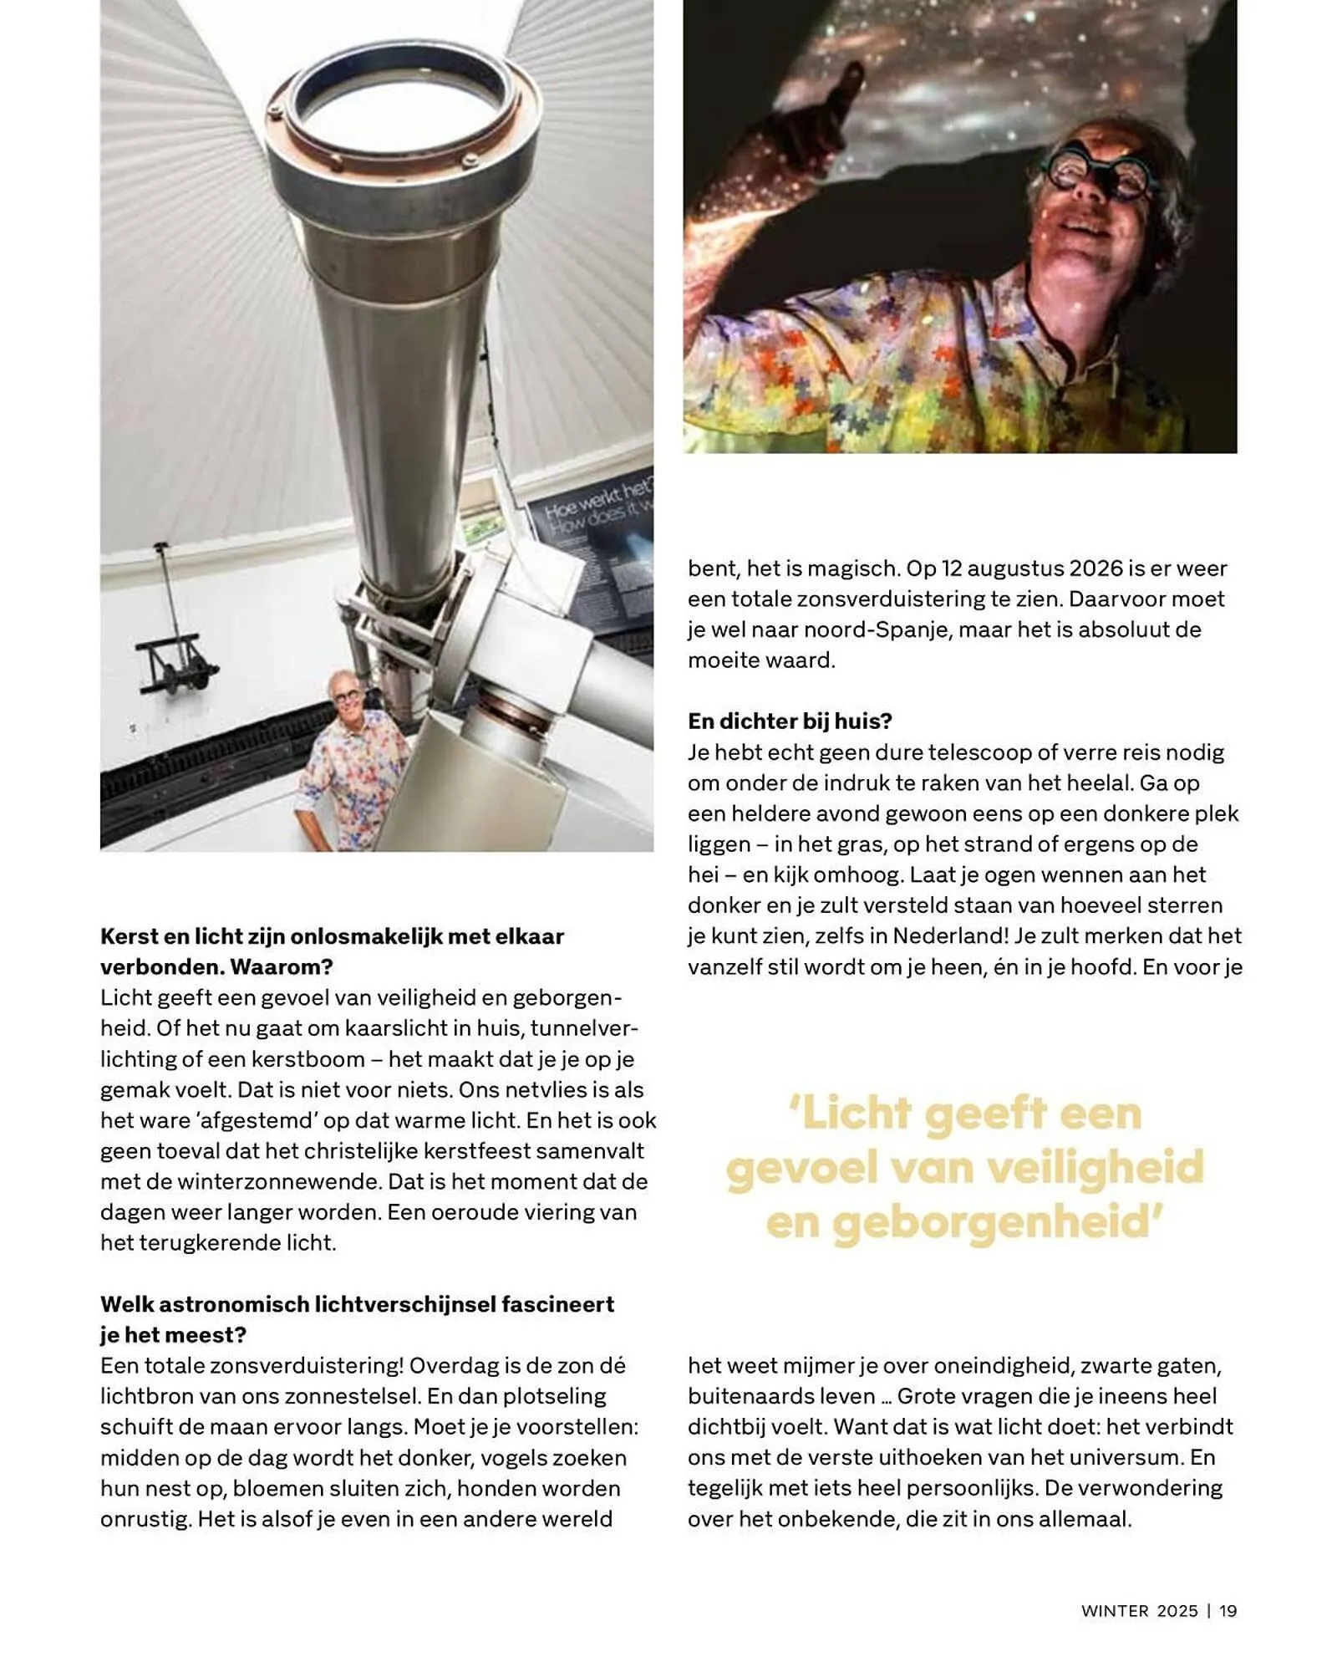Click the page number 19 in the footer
tap(1228, 1611)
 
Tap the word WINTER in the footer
tap(1115, 1611)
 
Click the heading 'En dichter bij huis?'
tap(790, 721)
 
